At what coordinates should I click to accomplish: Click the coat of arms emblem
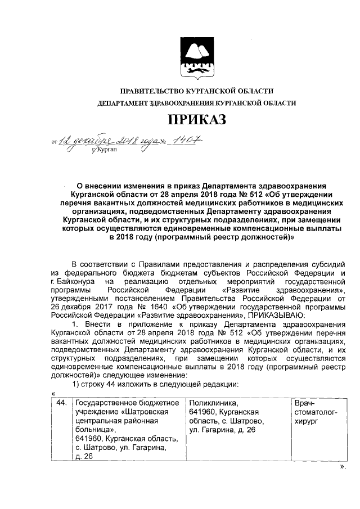click(196, 56)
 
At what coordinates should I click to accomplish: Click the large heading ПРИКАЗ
click(196, 120)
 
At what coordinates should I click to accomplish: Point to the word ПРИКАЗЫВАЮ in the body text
click(274, 316)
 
